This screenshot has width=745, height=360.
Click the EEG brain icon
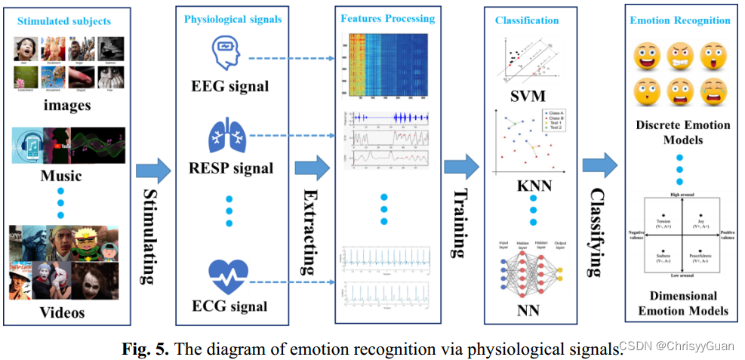pos(226,51)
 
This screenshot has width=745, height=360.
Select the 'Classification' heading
pos(527,20)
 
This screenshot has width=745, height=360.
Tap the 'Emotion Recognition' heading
pos(680,20)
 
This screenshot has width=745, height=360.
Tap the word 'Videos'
pos(62,312)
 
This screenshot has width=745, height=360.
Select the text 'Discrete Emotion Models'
pos(680,132)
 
